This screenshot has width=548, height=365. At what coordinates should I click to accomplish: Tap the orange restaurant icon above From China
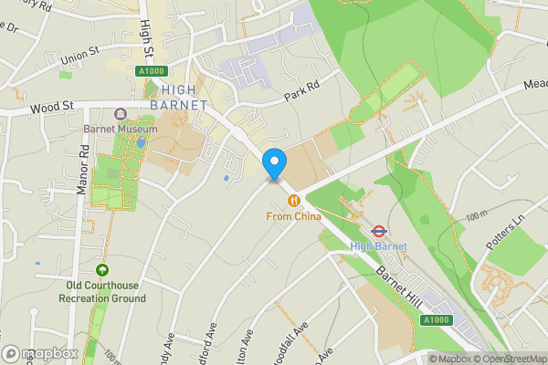coord(293,201)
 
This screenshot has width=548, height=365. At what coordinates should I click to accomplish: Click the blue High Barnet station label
coord(377,246)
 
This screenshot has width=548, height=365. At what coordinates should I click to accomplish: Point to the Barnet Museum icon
coord(120,115)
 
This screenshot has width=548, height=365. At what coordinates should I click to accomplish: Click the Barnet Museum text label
coord(120,130)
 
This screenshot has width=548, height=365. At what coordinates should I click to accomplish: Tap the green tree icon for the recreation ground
coord(102,271)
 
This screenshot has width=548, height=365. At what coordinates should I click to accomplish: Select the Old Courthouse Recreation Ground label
coord(102,292)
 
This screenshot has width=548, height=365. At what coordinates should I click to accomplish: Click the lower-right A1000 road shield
coord(436,320)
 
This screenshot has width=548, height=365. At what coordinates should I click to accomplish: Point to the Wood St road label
coord(50,108)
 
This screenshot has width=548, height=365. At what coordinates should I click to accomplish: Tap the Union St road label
coord(78,57)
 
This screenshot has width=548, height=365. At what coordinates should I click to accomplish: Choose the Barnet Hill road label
coord(398,274)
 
